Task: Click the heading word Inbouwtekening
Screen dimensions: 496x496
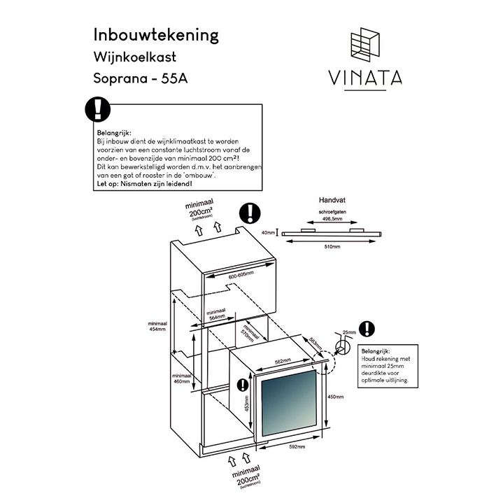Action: [156, 35]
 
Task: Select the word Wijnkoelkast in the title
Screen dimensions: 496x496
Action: [137, 57]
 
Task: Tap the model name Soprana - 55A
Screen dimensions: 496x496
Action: [141, 78]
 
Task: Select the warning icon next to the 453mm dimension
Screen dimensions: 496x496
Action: [243, 385]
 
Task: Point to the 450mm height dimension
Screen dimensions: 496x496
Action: [336, 397]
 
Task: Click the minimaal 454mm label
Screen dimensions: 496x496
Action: [157, 327]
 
